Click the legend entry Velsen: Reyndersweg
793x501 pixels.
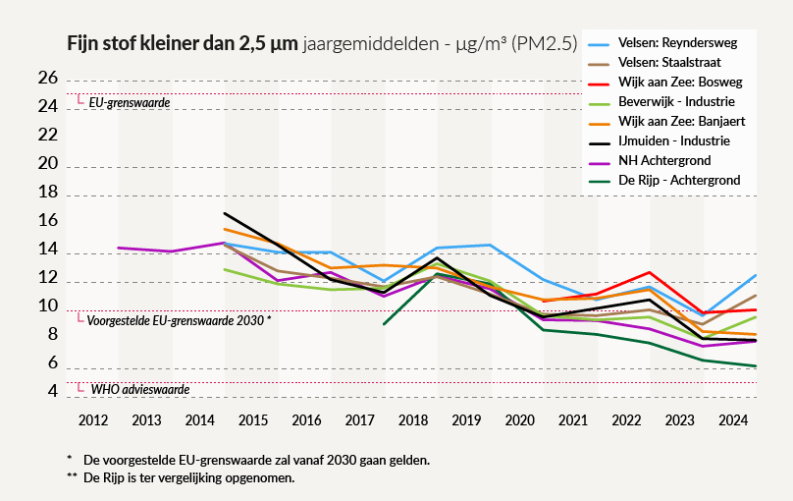click(677, 43)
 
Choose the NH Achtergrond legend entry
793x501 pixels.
click(664, 160)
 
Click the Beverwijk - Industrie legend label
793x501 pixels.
click(676, 102)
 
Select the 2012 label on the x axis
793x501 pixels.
click(93, 420)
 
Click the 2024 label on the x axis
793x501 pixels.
click(734, 420)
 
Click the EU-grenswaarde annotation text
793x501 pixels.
click(129, 102)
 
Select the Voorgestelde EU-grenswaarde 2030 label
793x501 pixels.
click(178, 320)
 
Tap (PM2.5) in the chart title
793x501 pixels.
click(542, 44)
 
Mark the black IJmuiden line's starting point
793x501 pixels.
click(226, 213)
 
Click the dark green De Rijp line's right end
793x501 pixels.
click(754, 366)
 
